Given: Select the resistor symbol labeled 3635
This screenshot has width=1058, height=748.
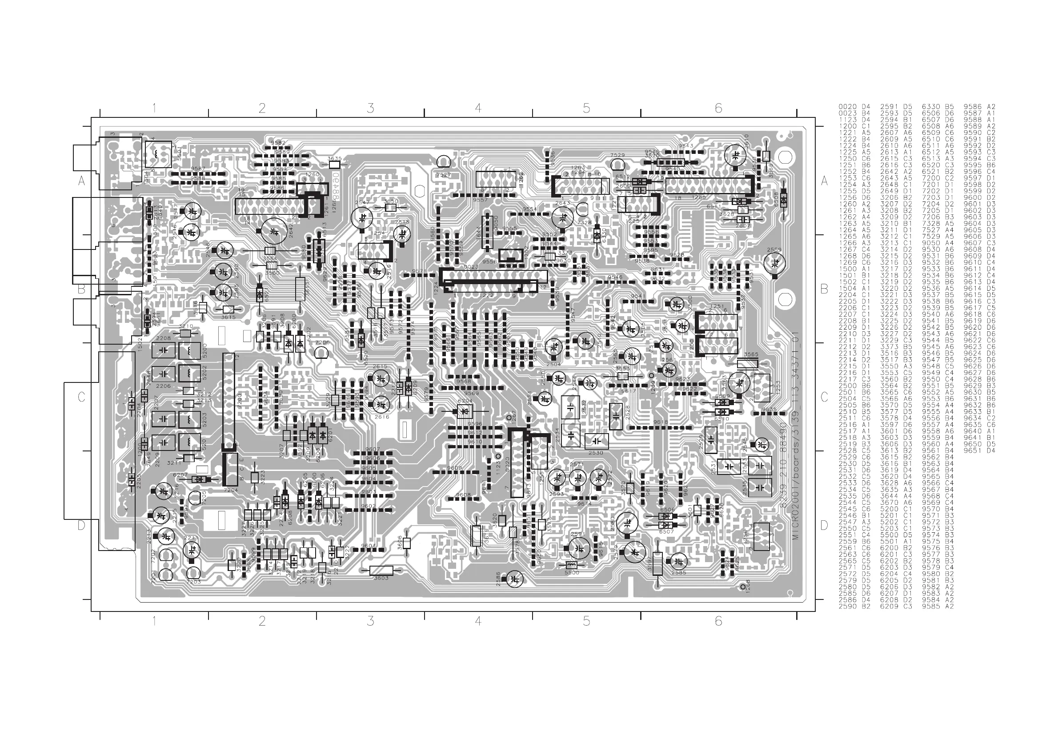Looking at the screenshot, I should (x=335, y=165).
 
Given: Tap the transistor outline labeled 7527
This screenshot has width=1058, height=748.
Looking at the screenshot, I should (x=443, y=162).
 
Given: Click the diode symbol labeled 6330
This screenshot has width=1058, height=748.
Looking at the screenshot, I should (x=597, y=236).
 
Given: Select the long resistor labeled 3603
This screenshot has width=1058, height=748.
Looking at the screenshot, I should (x=381, y=571).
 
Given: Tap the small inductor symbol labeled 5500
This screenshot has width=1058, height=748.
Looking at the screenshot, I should (x=571, y=566).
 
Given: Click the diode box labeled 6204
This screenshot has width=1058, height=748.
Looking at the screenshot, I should (x=465, y=411).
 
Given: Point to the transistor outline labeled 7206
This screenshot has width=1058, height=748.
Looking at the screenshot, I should (x=322, y=353).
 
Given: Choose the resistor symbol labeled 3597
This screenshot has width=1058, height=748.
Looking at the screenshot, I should (x=657, y=563).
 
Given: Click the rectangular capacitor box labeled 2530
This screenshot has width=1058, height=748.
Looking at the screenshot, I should (x=596, y=441).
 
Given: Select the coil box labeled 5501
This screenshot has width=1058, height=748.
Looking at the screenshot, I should (x=158, y=154).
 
